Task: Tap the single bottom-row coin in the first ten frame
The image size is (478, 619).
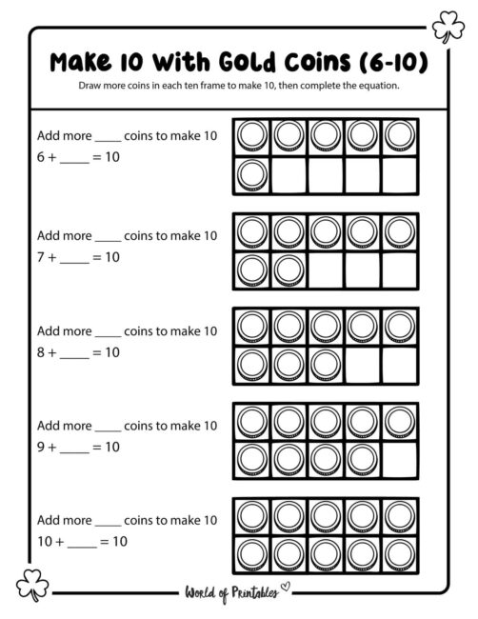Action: tap(251, 174)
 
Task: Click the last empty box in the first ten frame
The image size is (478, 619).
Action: tap(398, 174)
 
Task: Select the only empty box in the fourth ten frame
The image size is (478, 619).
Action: tap(398, 459)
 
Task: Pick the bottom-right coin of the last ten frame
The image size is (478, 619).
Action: tap(398, 554)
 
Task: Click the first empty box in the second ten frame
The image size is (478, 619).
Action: tap(325, 270)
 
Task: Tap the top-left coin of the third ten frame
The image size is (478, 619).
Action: tap(251, 327)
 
